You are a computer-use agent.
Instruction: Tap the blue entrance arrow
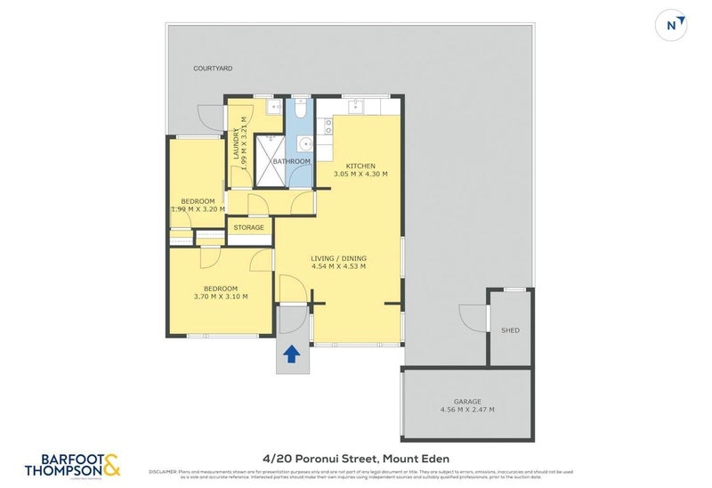click(291, 355)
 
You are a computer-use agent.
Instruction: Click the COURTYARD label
click(213, 68)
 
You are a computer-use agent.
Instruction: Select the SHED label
click(511, 330)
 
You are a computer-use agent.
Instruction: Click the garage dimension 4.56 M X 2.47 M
click(467, 410)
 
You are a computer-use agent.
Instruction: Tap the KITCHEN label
click(360, 166)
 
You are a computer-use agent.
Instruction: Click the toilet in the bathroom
click(300, 110)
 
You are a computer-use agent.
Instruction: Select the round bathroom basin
click(305, 142)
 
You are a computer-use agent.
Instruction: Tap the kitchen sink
click(355, 108)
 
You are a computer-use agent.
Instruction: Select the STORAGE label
click(249, 228)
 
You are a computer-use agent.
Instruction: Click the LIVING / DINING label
click(339, 258)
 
